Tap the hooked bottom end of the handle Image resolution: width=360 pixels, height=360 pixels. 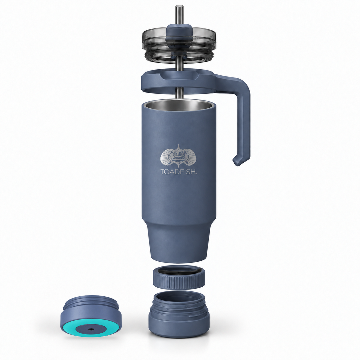pos(237,162)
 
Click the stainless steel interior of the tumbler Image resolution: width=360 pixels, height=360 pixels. pos(179,106)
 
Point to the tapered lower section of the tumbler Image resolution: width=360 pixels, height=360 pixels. pos(179,241)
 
